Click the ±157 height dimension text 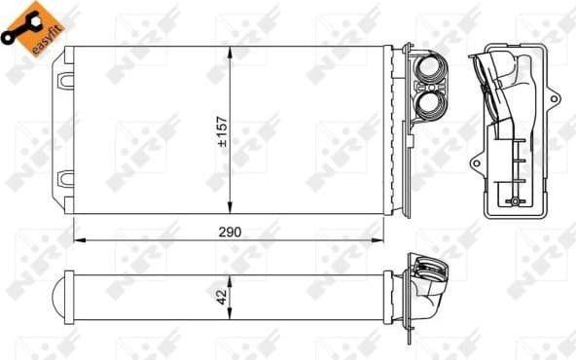pos(222,129)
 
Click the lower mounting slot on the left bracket pos(66,179)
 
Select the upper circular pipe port pos(429,71)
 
